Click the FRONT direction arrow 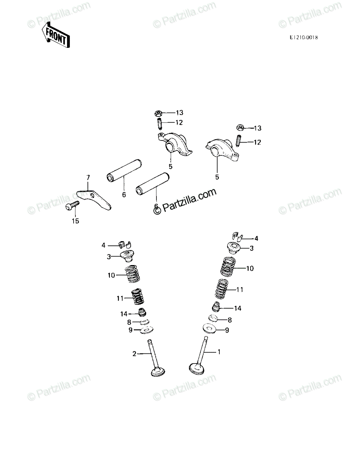(56, 35)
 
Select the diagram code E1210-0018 (304, 37)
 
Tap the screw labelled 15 (72, 205)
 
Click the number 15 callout (75, 221)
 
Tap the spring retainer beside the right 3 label (234, 248)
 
